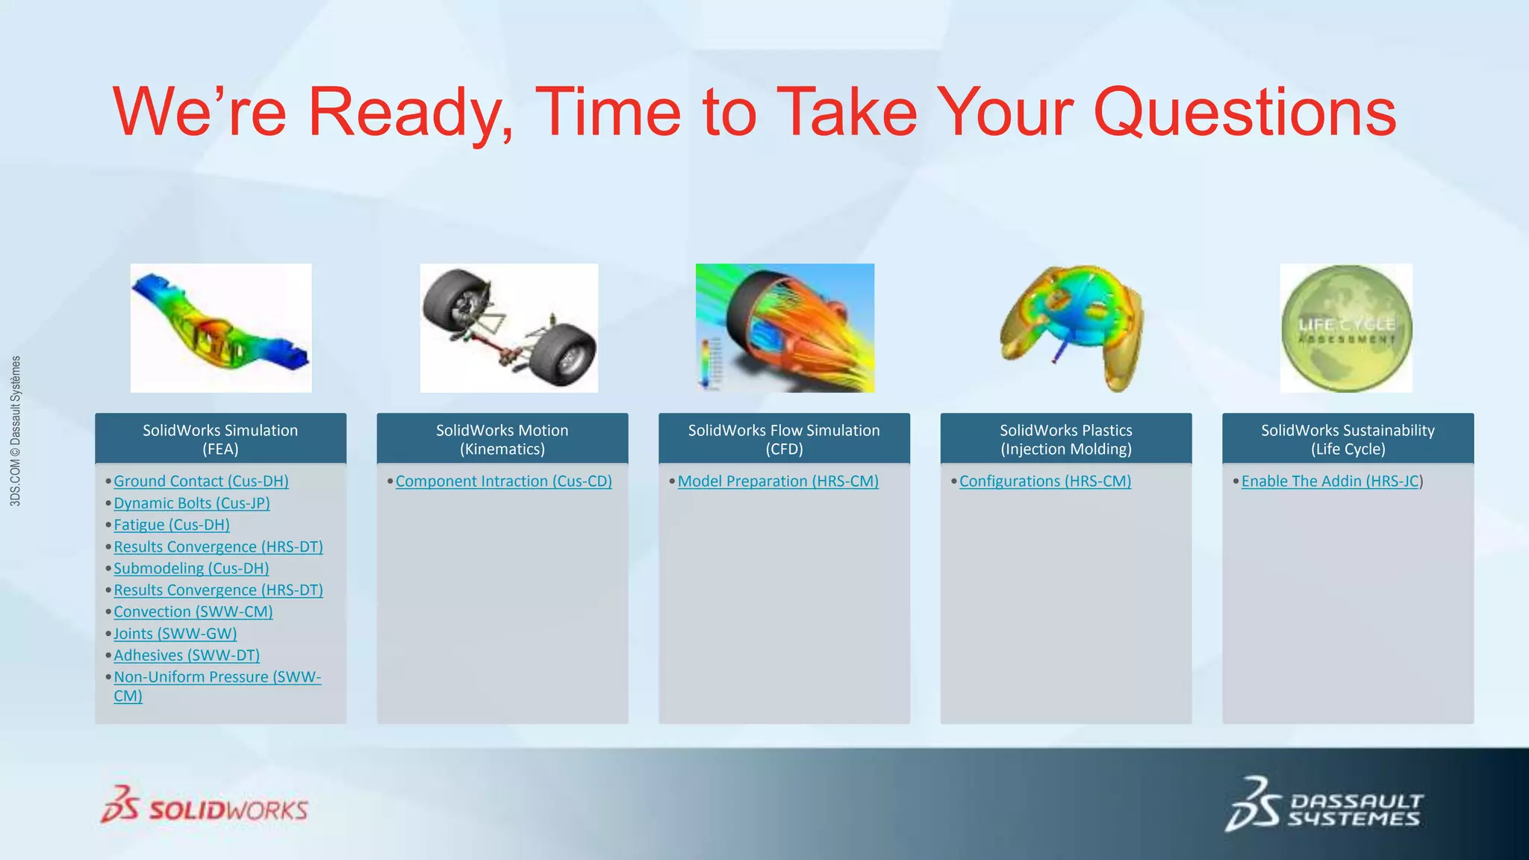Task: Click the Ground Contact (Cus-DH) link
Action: pos(201,482)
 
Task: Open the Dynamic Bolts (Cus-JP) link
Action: pos(191,503)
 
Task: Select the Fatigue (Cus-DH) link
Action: pos(171,525)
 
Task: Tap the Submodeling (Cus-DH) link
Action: pos(190,568)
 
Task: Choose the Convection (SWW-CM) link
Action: pos(193,611)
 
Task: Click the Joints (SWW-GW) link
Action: pos(175,634)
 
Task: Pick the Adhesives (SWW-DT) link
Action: pos(187,655)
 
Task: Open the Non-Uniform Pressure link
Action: pos(217,677)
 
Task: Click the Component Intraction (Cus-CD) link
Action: pos(503,482)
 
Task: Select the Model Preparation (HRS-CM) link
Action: pos(777,482)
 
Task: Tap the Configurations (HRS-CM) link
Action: pos(1044,482)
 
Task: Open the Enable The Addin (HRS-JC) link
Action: pos(1330,482)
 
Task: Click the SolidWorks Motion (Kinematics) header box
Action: pos(502,439)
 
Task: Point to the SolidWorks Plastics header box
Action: pos(1065,439)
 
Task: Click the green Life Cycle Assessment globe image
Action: pos(1346,328)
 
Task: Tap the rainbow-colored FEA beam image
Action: pos(221,328)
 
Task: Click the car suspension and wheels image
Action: pos(508,328)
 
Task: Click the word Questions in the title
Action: pos(1245,112)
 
